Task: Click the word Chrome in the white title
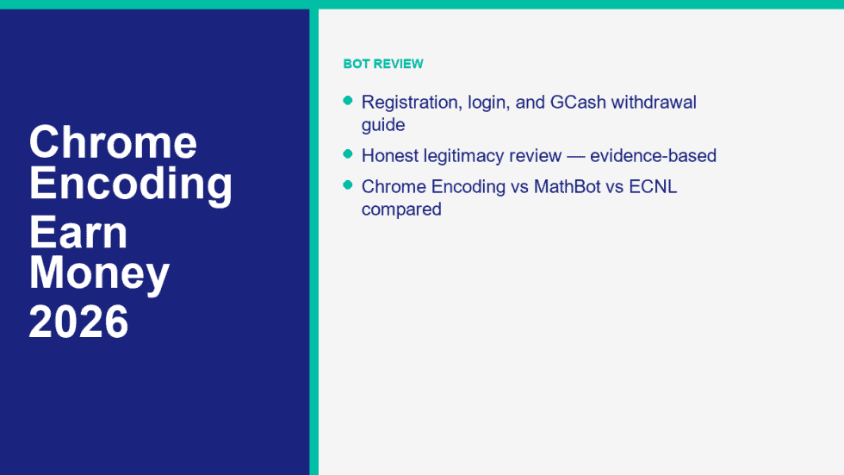point(113,141)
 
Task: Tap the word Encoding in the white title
point(131,184)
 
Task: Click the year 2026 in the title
point(78,322)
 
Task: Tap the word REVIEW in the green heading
point(398,64)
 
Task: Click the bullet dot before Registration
point(348,100)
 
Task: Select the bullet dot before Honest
point(348,154)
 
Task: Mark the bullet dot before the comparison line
point(348,184)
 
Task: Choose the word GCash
point(578,102)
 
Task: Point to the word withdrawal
point(654,102)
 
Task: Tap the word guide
point(383,126)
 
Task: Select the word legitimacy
point(467,156)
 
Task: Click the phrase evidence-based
point(654,155)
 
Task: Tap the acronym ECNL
point(653,186)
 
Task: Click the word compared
point(401,209)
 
